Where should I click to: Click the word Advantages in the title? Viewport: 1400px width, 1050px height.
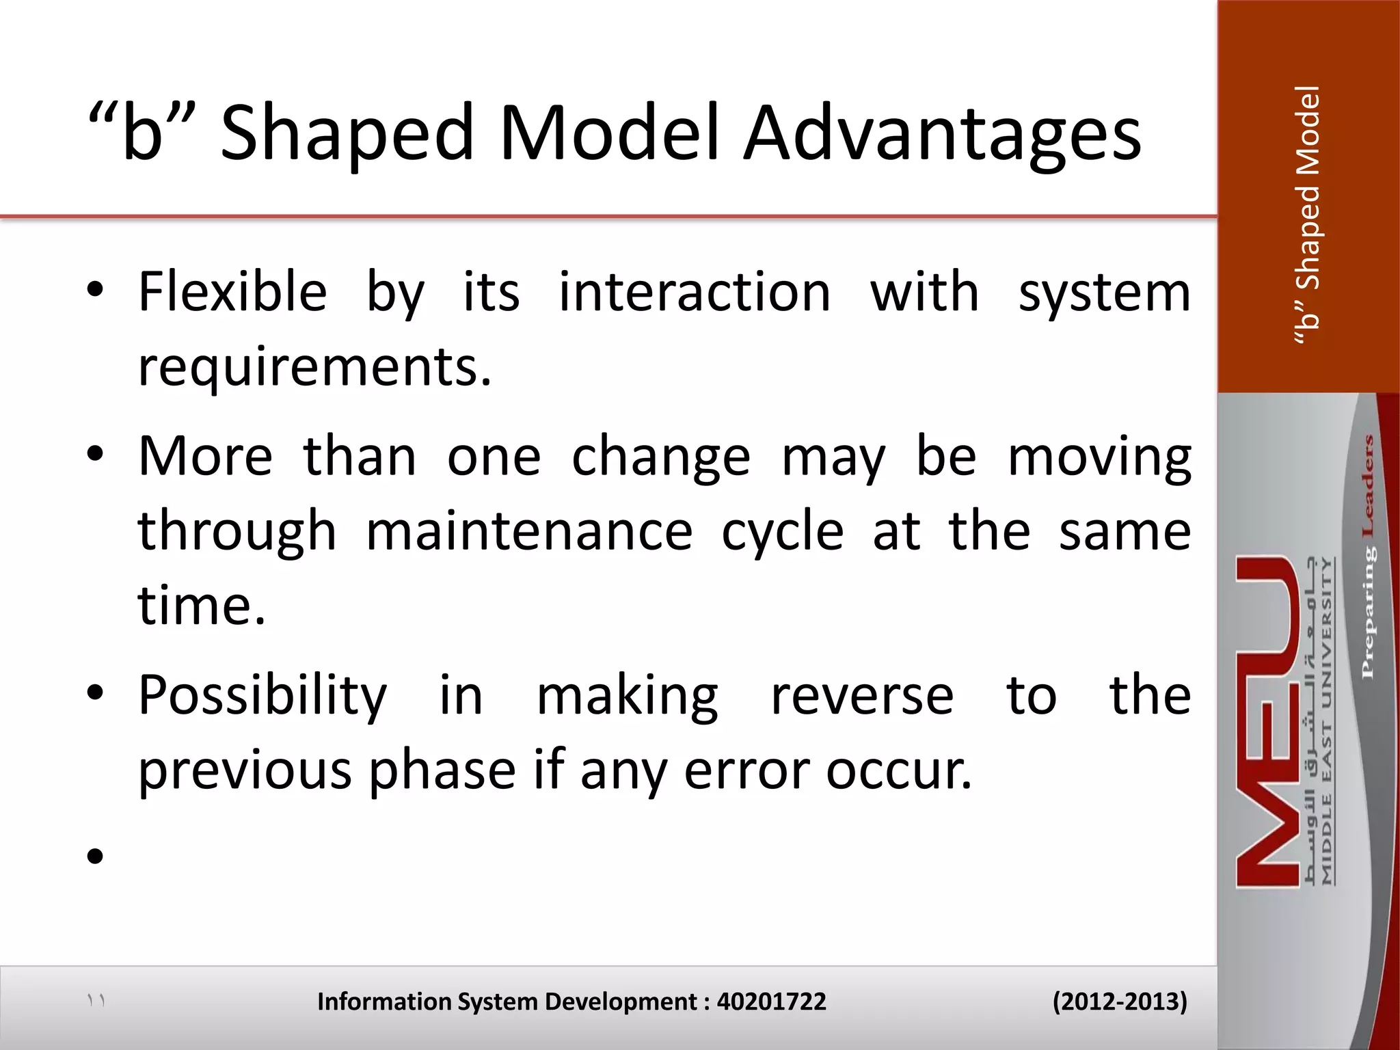coord(942,133)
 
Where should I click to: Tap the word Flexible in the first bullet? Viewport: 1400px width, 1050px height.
coord(232,293)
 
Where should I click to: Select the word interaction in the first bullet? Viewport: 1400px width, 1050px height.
coord(695,293)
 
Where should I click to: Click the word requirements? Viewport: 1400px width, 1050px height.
coord(314,368)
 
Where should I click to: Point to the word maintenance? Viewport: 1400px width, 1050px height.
coord(529,532)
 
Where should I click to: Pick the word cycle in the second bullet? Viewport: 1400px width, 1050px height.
coord(783,532)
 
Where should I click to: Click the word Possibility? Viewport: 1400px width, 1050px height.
coord(262,696)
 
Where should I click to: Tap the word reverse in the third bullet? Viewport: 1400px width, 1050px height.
coord(862,696)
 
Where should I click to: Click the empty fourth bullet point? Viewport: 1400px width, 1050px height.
coord(95,856)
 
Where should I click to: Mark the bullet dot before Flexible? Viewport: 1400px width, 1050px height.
coord(95,290)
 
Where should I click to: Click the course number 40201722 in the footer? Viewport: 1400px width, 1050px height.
coord(771,1001)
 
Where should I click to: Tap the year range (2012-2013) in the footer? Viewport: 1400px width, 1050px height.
coord(1120,1001)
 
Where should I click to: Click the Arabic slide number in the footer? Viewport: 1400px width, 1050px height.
coord(96,1001)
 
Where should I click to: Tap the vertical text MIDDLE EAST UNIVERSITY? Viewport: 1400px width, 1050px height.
coord(1327,721)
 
